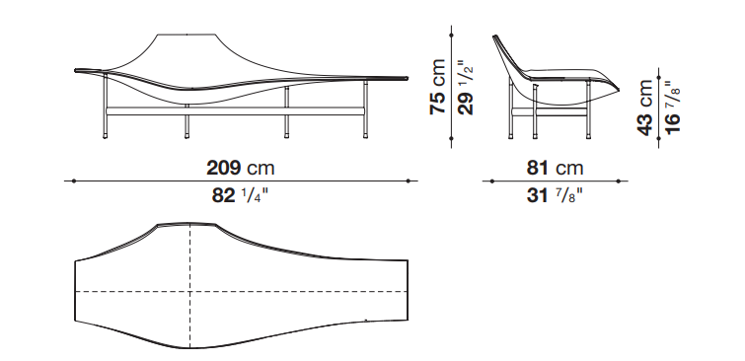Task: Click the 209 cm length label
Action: (x=241, y=168)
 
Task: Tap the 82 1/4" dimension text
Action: (x=241, y=195)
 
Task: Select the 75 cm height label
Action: (x=437, y=87)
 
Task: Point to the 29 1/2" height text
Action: (x=466, y=88)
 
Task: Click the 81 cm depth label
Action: (x=555, y=168)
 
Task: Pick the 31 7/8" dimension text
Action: (x=555, y=195)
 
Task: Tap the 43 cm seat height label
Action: (x=645, y=108)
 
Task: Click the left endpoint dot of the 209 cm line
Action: (x=74, y=180)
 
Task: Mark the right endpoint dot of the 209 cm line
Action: (x=409, y=180)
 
